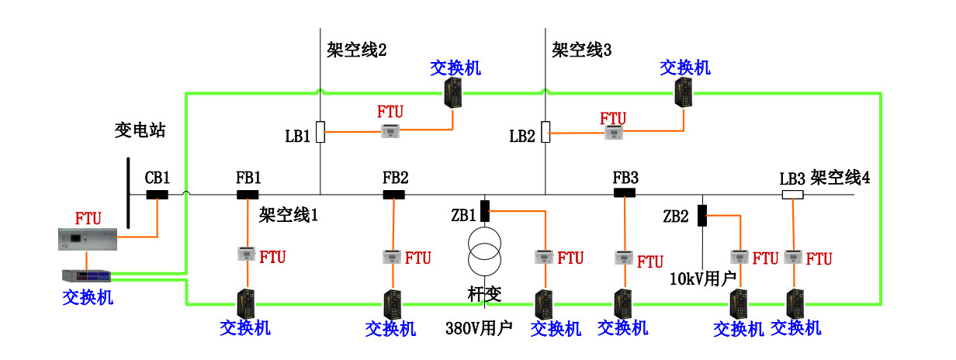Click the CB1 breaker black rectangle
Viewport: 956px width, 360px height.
point(158,195)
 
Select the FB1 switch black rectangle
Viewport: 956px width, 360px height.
point(248,195)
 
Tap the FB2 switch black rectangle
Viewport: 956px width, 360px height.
point(394,195)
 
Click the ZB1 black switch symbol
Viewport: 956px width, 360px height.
point(485,210)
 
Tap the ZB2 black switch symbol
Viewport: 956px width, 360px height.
point(703,215)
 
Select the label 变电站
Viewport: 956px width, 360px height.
point(136,130)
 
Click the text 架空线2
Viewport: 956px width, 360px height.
point(356,50)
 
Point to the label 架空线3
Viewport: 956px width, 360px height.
point(582,50)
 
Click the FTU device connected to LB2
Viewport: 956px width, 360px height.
point(614,133)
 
